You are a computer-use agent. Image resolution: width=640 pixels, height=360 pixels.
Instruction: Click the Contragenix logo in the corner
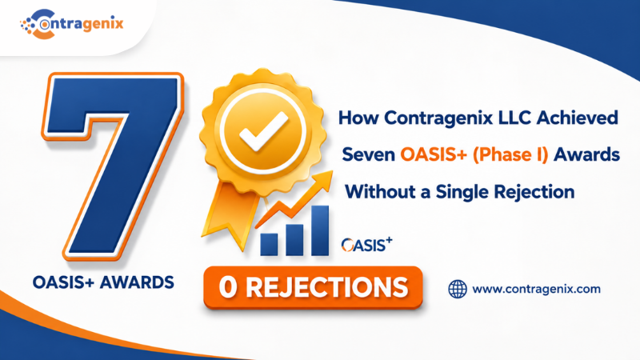72,24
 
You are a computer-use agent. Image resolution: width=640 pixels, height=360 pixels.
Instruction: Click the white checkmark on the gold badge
263,130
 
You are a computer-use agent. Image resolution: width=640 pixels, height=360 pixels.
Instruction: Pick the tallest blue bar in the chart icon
319,230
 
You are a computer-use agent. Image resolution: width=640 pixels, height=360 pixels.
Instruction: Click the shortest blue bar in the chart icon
269,244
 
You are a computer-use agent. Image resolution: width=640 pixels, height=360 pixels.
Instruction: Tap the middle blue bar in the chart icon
294,240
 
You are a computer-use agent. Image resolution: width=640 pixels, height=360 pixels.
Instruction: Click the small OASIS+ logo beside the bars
366,244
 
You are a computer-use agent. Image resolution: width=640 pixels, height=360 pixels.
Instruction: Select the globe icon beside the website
458,289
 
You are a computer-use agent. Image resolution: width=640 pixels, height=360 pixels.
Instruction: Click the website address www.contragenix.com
536,289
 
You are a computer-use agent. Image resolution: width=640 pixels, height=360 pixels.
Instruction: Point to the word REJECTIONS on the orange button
327,287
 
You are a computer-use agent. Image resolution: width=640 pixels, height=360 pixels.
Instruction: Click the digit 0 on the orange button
228,287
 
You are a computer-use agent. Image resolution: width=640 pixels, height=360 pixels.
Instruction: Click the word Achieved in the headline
577,118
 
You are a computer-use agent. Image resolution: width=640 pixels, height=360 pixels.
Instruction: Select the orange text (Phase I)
510,154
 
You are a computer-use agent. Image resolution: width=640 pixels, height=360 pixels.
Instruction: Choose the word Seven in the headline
368,155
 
